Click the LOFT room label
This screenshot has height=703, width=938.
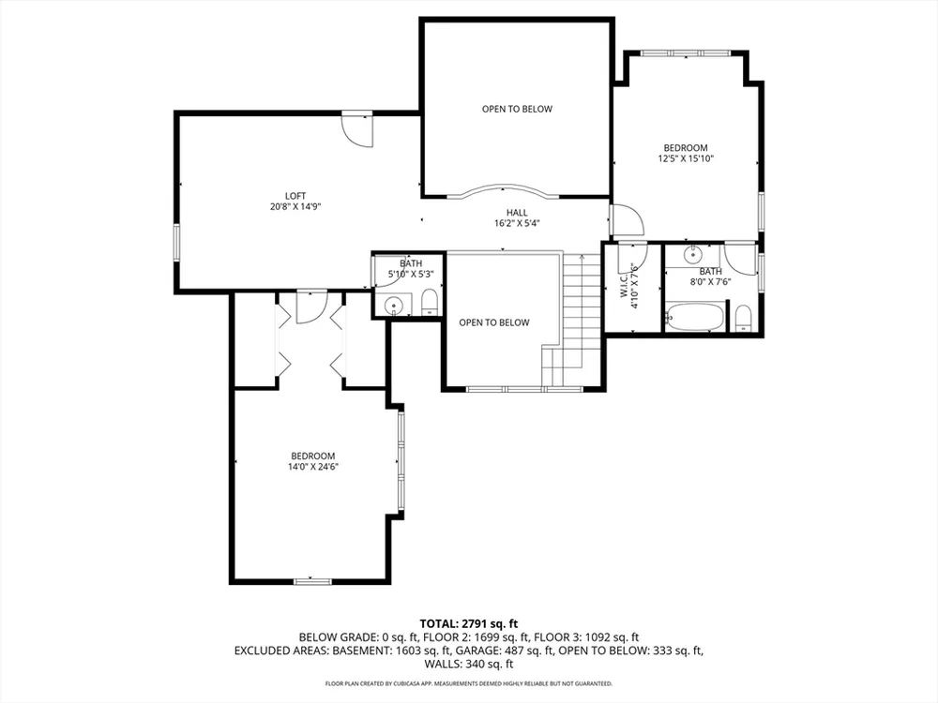click(x=295, y=196)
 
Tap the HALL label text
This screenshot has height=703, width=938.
click(x=517, y=213)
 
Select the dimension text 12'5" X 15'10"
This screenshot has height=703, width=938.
click(x=687, y=159)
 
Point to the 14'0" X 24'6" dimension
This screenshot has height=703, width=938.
click(x=313, y=467)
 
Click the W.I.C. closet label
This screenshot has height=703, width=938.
click(x=624, y=286)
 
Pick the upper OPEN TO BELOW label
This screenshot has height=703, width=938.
click(x=518, y=109)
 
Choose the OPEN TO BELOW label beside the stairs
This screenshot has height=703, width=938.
click(x=494, y=322)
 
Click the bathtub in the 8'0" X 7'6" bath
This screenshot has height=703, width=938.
click(x=695, y=316)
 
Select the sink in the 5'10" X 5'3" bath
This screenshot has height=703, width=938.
click(x=394, y=305)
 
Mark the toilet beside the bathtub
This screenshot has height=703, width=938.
click(x=743, y=318)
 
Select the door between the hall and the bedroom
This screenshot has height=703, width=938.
click(x=626, y=220)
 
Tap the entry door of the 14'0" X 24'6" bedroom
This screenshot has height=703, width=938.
click(x=311, y=307)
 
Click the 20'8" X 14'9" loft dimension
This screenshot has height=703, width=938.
click(x=295, y=207)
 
